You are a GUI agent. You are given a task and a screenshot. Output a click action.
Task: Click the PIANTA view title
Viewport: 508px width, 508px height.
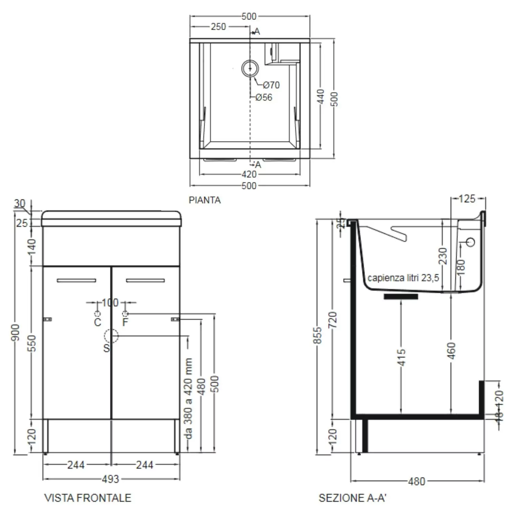205,200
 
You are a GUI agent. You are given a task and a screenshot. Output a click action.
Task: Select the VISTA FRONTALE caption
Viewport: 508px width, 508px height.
88,498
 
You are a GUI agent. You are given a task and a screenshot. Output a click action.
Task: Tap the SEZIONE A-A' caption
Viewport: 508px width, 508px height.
352,498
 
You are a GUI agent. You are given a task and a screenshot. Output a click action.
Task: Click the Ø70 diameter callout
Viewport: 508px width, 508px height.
271,85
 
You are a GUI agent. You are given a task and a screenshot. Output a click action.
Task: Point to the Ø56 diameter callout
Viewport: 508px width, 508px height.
264,98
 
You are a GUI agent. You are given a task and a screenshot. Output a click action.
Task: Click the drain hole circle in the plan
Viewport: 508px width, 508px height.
250,68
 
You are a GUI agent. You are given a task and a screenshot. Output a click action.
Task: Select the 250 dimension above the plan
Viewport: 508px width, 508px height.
218,27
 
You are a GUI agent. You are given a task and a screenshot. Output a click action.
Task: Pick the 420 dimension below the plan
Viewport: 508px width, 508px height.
249,174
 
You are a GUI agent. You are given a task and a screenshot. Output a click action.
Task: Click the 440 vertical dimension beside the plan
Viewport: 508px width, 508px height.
321,97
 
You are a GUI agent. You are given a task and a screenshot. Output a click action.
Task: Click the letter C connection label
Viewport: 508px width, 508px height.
98,322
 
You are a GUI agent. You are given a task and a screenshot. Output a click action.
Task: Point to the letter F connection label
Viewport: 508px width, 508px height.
125,322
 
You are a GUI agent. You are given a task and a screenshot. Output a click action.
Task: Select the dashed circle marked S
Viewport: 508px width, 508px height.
111,336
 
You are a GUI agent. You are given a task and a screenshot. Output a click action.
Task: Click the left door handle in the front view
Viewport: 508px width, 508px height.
77,280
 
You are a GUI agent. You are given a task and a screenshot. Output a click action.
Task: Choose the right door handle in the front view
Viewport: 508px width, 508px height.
145,280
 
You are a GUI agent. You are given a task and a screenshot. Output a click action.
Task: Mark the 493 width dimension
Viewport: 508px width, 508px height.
111,479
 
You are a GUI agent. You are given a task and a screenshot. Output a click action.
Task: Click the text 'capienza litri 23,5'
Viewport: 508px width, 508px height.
403,278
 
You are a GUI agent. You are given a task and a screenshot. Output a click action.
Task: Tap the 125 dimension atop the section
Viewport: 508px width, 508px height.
467,199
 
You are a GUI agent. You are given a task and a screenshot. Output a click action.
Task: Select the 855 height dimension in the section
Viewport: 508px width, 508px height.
317,335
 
